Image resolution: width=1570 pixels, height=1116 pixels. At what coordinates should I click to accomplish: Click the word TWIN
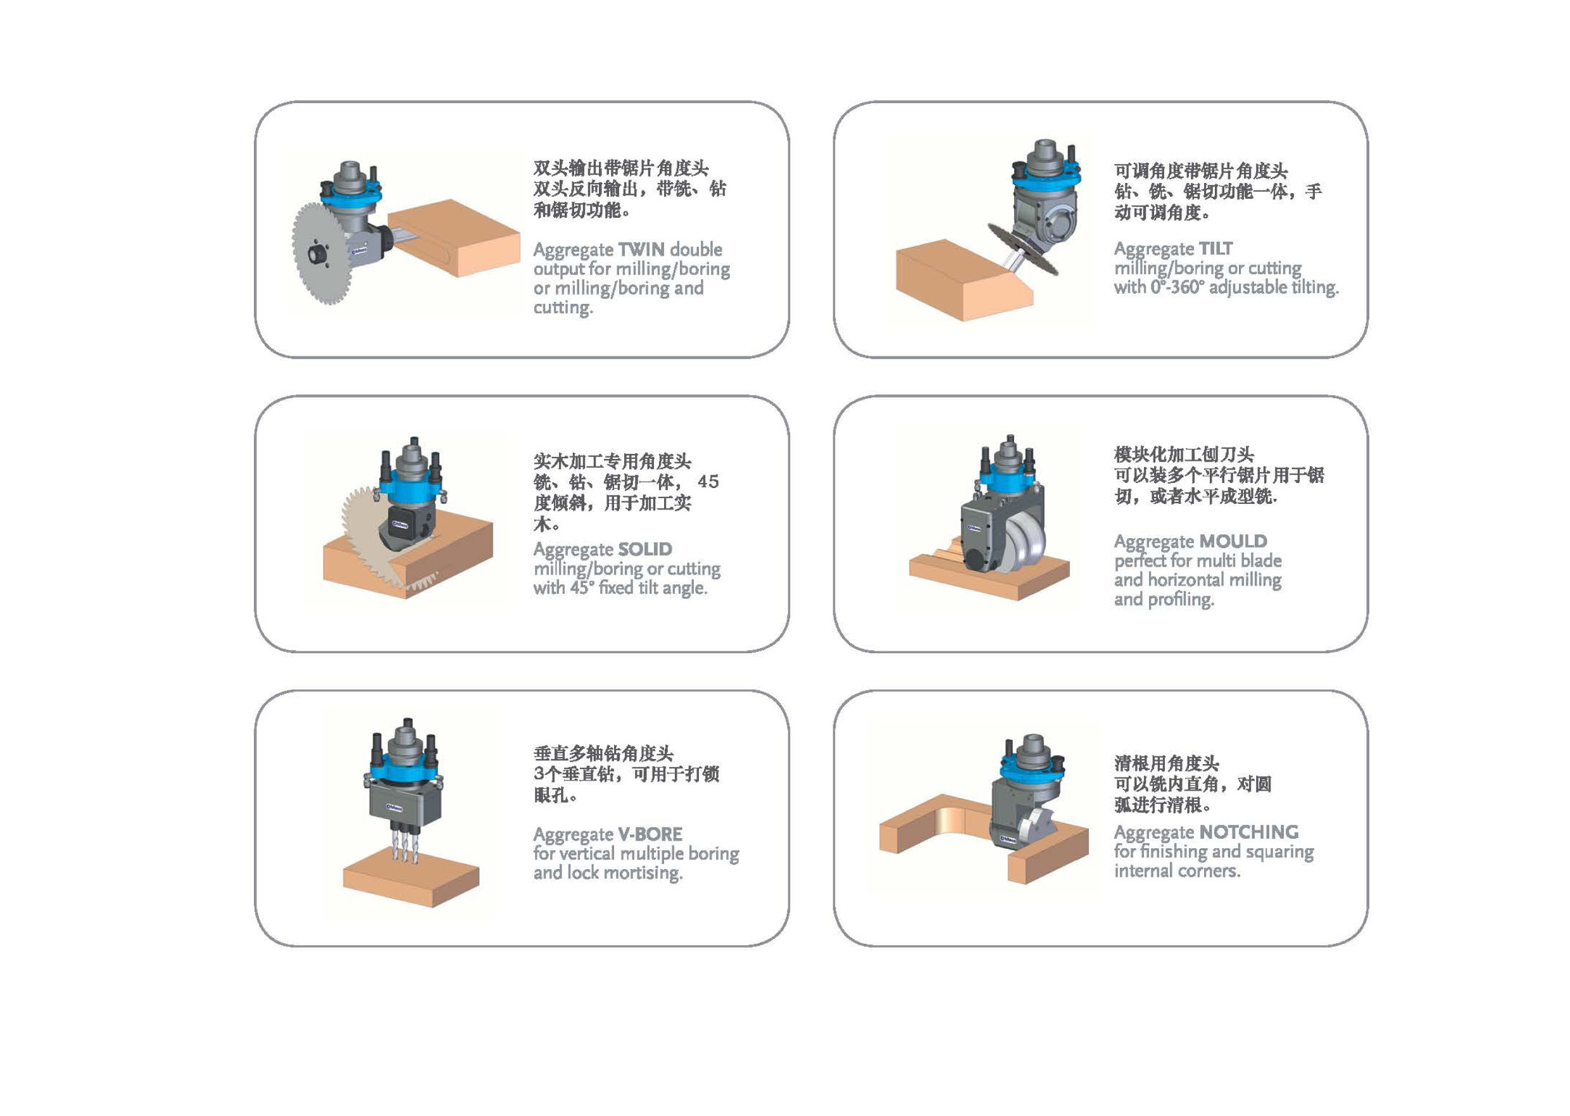[641, 249]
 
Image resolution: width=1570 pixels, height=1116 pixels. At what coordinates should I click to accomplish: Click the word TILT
[1215, 248]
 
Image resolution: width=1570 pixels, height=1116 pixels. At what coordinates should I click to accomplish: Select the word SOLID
[645, 549]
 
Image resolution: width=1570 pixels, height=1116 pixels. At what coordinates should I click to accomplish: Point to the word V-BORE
[650, 834]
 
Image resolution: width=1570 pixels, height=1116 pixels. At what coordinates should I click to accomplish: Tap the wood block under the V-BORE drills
[411, 875]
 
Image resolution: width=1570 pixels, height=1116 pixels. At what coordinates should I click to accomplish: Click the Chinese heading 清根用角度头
[1167, 763]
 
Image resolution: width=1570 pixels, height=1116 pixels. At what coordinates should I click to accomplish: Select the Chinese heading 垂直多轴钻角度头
[603, 753]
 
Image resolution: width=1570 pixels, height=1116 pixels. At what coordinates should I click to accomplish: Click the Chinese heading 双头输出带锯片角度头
[621, 168]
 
